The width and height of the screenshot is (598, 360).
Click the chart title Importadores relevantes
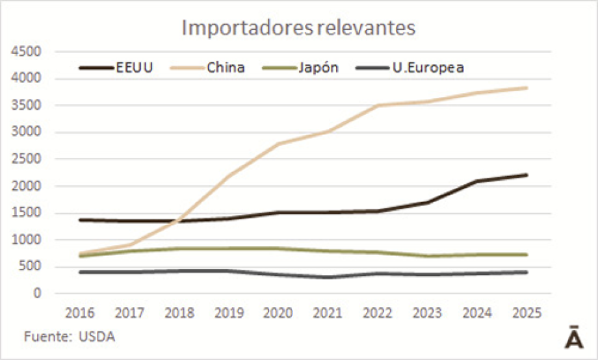[x=298, y=28]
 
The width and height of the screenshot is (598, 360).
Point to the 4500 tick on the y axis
[x=29, y=52]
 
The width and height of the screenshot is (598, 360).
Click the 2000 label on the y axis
[x=29, y=186]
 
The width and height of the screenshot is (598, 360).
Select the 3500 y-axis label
[x=29, y=106]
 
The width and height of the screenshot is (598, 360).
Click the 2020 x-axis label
[x=279, y=313]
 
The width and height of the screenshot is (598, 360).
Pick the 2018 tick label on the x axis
[x=179, y=313]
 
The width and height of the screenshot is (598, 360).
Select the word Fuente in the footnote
[x=47, y=337]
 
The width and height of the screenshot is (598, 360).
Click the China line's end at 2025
[x=526, y=88]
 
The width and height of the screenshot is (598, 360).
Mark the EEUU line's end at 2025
[x=526, y=175]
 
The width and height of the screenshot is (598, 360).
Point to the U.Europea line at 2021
[x=328, y=277]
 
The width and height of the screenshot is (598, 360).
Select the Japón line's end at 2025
[x=526, y=255]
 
